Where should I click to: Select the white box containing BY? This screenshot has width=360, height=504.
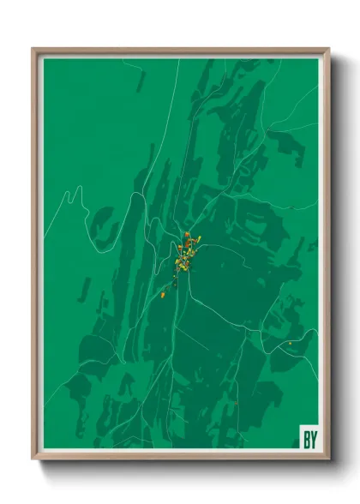[308, 436]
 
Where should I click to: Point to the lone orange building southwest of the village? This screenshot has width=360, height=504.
[163, 295]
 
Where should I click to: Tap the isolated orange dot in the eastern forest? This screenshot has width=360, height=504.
[290, 344]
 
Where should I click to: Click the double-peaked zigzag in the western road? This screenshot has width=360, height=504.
[75, 194]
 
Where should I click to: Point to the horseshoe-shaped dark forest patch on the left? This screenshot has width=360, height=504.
[105, 225]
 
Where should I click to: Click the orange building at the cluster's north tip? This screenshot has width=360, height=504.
[186, 234]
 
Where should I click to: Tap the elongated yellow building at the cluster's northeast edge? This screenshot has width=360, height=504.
[196, 240]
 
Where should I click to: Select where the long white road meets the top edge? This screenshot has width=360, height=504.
[179, 58]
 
